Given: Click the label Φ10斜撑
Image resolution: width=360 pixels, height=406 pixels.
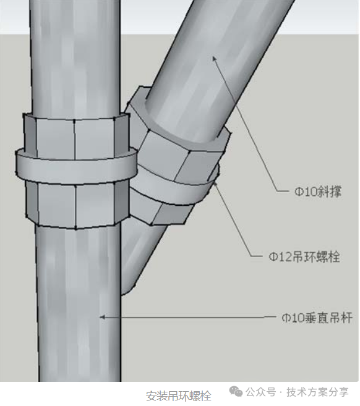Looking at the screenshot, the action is tap(318, 192).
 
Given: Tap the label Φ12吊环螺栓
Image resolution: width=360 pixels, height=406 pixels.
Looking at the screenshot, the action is tap(304, 256).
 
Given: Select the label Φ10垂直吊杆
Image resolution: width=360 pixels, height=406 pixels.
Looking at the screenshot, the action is tap(317, 318).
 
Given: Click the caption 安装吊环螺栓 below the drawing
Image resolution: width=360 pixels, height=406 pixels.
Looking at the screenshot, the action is tap(178, 396).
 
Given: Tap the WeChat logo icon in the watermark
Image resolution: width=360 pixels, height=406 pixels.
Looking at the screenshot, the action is tap(236, 392).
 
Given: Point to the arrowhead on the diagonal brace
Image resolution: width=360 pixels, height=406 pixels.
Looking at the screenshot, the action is tap(215, 59).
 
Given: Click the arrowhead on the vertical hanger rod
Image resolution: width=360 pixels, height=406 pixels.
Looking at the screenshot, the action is tap(103, 317).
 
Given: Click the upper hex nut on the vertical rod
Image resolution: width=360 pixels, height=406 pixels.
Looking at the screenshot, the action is tap(77, 137).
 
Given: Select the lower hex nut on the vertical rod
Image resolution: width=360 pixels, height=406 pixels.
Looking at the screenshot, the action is tap(77, 205).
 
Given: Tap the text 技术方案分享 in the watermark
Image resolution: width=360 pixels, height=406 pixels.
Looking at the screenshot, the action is tap(317, 392).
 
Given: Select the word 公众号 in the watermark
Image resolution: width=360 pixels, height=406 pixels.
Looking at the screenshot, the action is tap(261, 392).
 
